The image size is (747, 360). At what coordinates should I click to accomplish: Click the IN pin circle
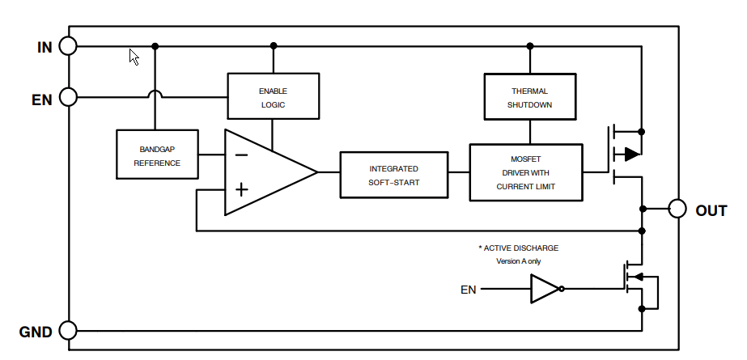pyautogui.click(x=68, y=46)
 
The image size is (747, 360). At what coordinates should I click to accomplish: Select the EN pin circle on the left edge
pyautogui.click(x=68, y=98)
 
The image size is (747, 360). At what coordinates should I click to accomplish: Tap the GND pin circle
pyautogui.click(x=68, y=331)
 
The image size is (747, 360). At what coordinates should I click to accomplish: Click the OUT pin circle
pyautogui.click(x=677, y=210)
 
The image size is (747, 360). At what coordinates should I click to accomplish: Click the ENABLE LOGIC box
pyautogui.click(x=273, y=97)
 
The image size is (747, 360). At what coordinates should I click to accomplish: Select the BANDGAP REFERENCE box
pyautogui.click(x=157, y=154)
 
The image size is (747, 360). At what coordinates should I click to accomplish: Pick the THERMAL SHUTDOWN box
pyautogui.click(x=529, y=97)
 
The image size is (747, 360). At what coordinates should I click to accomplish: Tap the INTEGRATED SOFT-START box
pyautogui.click(x=393, y=175)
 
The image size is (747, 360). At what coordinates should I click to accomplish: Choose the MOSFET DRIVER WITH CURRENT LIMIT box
pyautogui.click(x=526, y=172)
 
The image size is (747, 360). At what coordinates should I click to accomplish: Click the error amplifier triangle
pyautogui.click(x=263, y=172)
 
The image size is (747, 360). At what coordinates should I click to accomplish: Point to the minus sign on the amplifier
pyautogui.click(x=241, y=155)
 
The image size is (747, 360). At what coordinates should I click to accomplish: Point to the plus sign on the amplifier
pyautogui.click(x=241, y=190)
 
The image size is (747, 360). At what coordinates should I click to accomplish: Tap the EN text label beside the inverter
pyautogui.click(x=468, y=290)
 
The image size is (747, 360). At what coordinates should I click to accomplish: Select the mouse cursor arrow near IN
pyautogui.click(x=134, y=57)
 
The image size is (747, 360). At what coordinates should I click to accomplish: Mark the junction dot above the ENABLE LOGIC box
pyautogui.click(x=273, y=46)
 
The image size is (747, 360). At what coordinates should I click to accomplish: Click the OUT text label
pyautogui.click(x=711, y=210)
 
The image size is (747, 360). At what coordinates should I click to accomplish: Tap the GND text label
pyautogui.click(x=36, y=332)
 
